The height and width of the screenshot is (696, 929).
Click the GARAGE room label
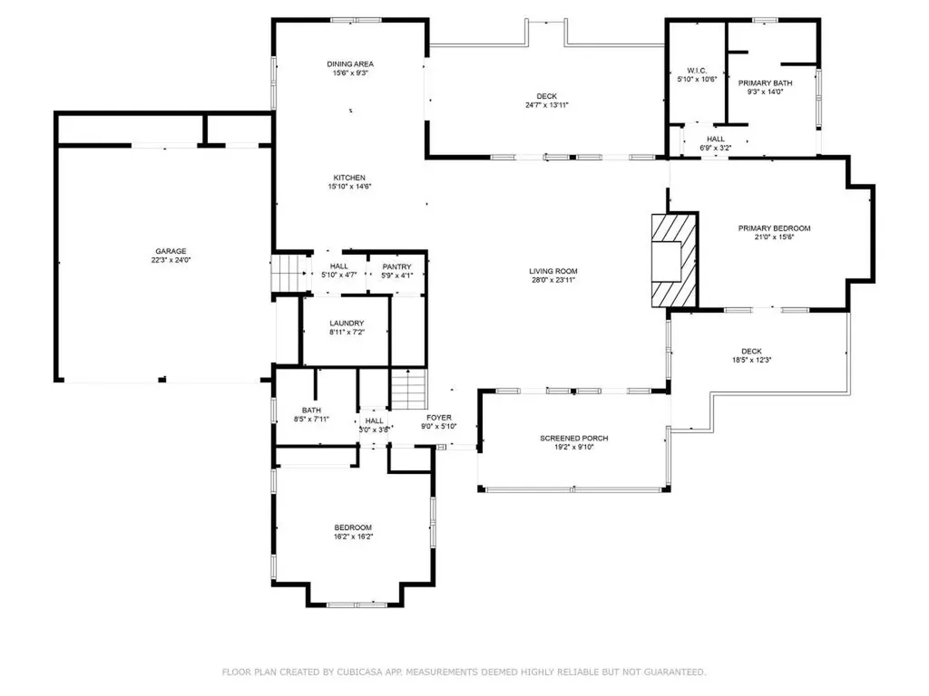pyautogui.click(x=171, y=251)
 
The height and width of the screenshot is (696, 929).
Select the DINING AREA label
pyautogui.click(x=350, y=64)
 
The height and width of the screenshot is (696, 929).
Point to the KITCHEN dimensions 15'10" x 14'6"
pyautogui.click(x=350, y=187)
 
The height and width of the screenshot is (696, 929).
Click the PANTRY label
pyautogui.click(x=396, y=266)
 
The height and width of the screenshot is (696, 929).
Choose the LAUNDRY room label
pyautogui.click(x=347, y=323)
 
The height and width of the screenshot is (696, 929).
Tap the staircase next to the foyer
pyautogui.click(x=408, y=389)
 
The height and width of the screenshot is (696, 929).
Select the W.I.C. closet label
pyautogui.click(x=697, y=70)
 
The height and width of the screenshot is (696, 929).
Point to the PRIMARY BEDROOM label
pyautogui.click(x=774, y=228)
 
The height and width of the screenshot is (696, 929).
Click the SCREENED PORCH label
pyautogui.click(x=573, y=439)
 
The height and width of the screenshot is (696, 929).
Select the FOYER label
pyautogui.click(x=438, y=417)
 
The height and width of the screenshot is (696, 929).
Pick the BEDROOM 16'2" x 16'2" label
pyautogui.click(x=353, y=527)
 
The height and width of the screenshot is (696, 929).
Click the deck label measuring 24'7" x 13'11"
pyautogui.click(x=546, y=96)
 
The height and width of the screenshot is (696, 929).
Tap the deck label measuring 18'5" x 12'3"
pyautogui.click(x=751, y=352)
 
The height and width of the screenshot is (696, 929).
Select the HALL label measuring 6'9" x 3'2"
pyautogui.click(x=715, y=139)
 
